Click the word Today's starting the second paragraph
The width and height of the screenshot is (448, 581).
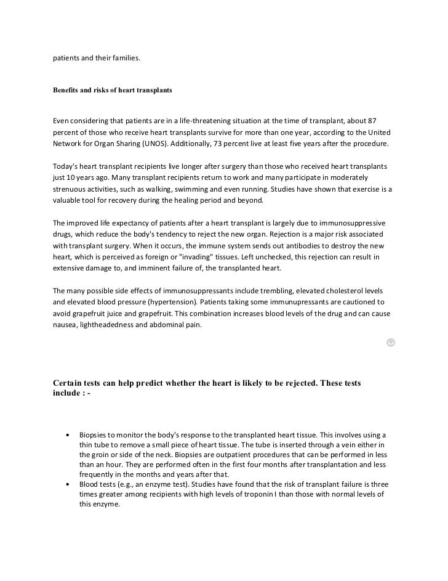click(66, 167)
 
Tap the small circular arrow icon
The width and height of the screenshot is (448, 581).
click(390, 343)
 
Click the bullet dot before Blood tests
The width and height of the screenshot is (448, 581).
click(66, 485)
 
